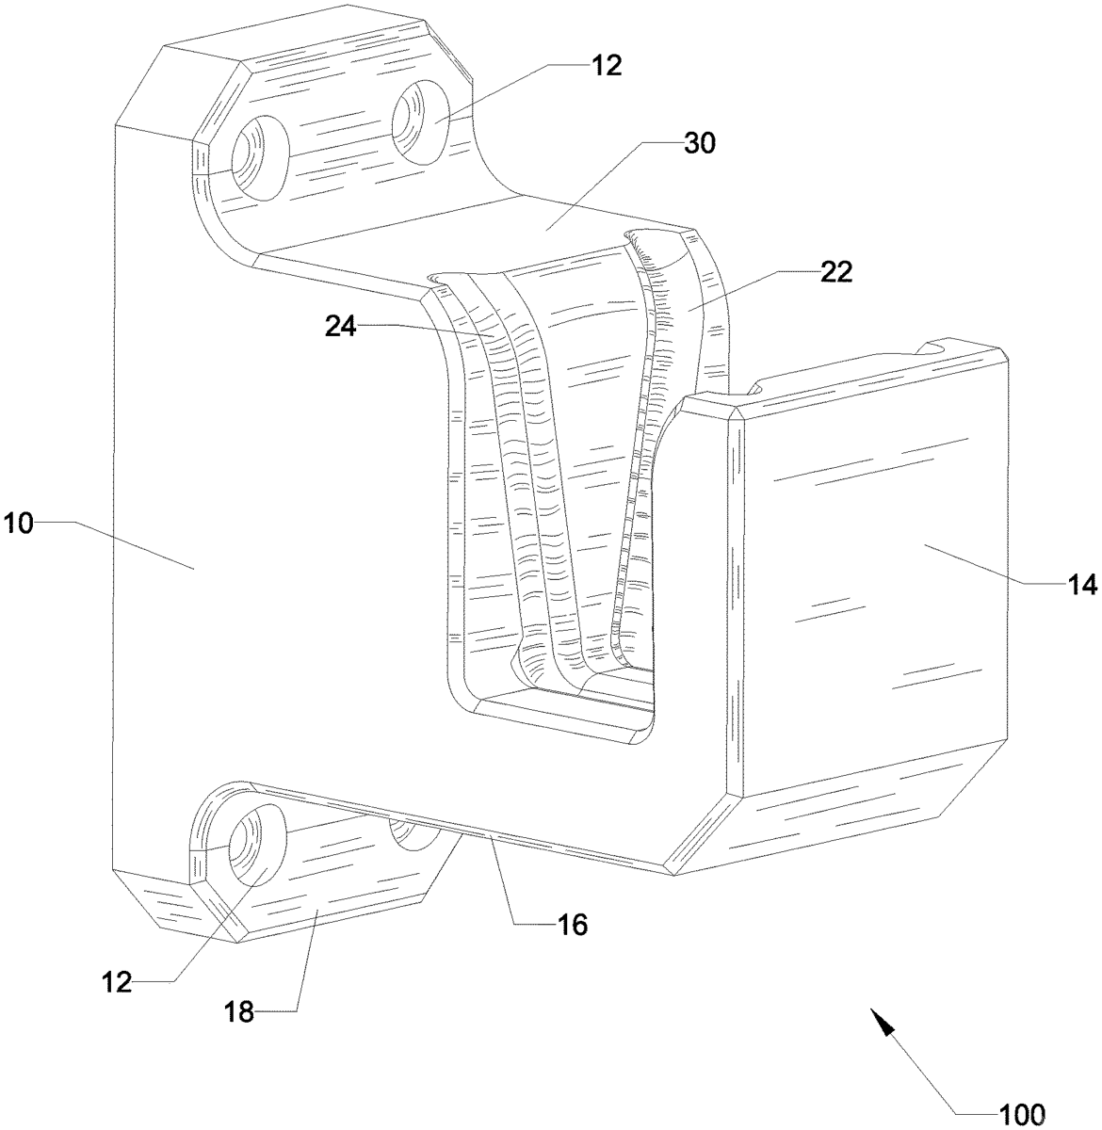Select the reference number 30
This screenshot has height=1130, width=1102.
pyautogui.click(x=700, y=143)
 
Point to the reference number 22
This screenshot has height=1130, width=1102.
pyautogui.click(x=835, y=271)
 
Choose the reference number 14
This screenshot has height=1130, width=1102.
pyautogui.click(x=1080, y=585)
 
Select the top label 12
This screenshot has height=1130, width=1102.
pyautogui.click(x=607, y=66)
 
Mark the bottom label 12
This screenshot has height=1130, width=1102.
pyautogui.click(x=118, y=983)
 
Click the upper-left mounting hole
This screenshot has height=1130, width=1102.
pyautogui.click(x=260, y=158)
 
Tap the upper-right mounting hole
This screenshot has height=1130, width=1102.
pyautogui.click(x=421, y=122)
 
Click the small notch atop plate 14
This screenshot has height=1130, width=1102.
pyautogui.click(x=933, y=348)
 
